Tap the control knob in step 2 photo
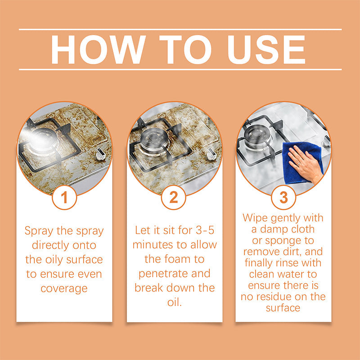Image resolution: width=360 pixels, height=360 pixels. pos(210,154)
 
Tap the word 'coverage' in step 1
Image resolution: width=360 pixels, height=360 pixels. pos(64,288)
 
